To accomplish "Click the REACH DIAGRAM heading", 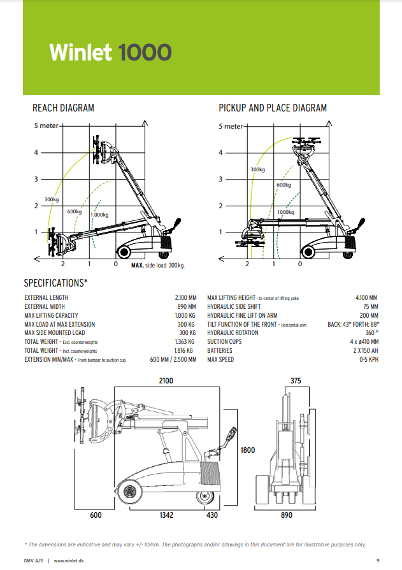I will [x=63, y=108].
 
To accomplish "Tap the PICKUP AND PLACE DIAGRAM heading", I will [x=273, y=108].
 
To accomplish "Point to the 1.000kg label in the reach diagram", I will [x=99, y=215].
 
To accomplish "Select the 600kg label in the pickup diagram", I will [x=284, y=185].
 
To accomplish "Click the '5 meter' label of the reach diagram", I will [x=46, y=125].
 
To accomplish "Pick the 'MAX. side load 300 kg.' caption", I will [x=157, y=264].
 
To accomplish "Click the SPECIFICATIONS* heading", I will [x=55, y=282].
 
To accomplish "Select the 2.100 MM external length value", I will [x=186, y=297].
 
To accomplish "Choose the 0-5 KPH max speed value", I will [x=369, y=360].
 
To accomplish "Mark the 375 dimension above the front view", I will [x=296, y=381].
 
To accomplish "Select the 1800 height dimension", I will [x=247, y=450].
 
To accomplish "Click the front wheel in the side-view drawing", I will [x=131, y=492].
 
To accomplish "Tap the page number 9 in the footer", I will [x=378, y=560].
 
